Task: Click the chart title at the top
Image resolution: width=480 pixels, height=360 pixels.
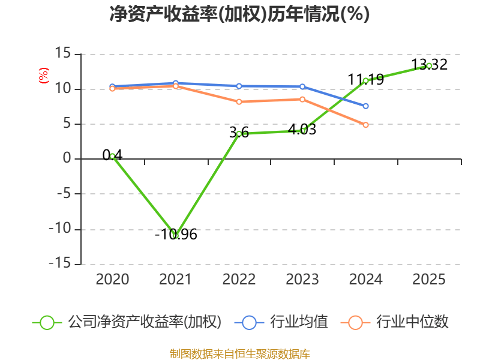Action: click(239, 14)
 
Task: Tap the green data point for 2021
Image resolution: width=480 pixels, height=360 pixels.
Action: click(176, 235)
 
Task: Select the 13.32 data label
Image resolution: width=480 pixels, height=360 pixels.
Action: click(429, 64)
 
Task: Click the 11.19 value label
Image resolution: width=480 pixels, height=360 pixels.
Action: click(365, 79)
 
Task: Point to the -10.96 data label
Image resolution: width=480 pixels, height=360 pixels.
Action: click(176, 235)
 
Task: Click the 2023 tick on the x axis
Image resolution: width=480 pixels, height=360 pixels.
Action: click(302, 279)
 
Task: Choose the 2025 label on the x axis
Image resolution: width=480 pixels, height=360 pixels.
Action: click(429, 279)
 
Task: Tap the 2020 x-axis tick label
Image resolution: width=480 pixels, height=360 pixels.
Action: click(112, 279)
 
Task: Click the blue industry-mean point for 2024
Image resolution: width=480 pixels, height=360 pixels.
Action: click(365, 106)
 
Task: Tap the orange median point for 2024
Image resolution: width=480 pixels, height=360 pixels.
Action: click(365, 125)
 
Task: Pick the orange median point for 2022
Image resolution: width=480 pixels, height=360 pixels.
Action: click(239, 102)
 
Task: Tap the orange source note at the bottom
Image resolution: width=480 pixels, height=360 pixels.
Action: click(239, 353)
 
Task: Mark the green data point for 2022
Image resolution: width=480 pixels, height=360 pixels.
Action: click(239, 133)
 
